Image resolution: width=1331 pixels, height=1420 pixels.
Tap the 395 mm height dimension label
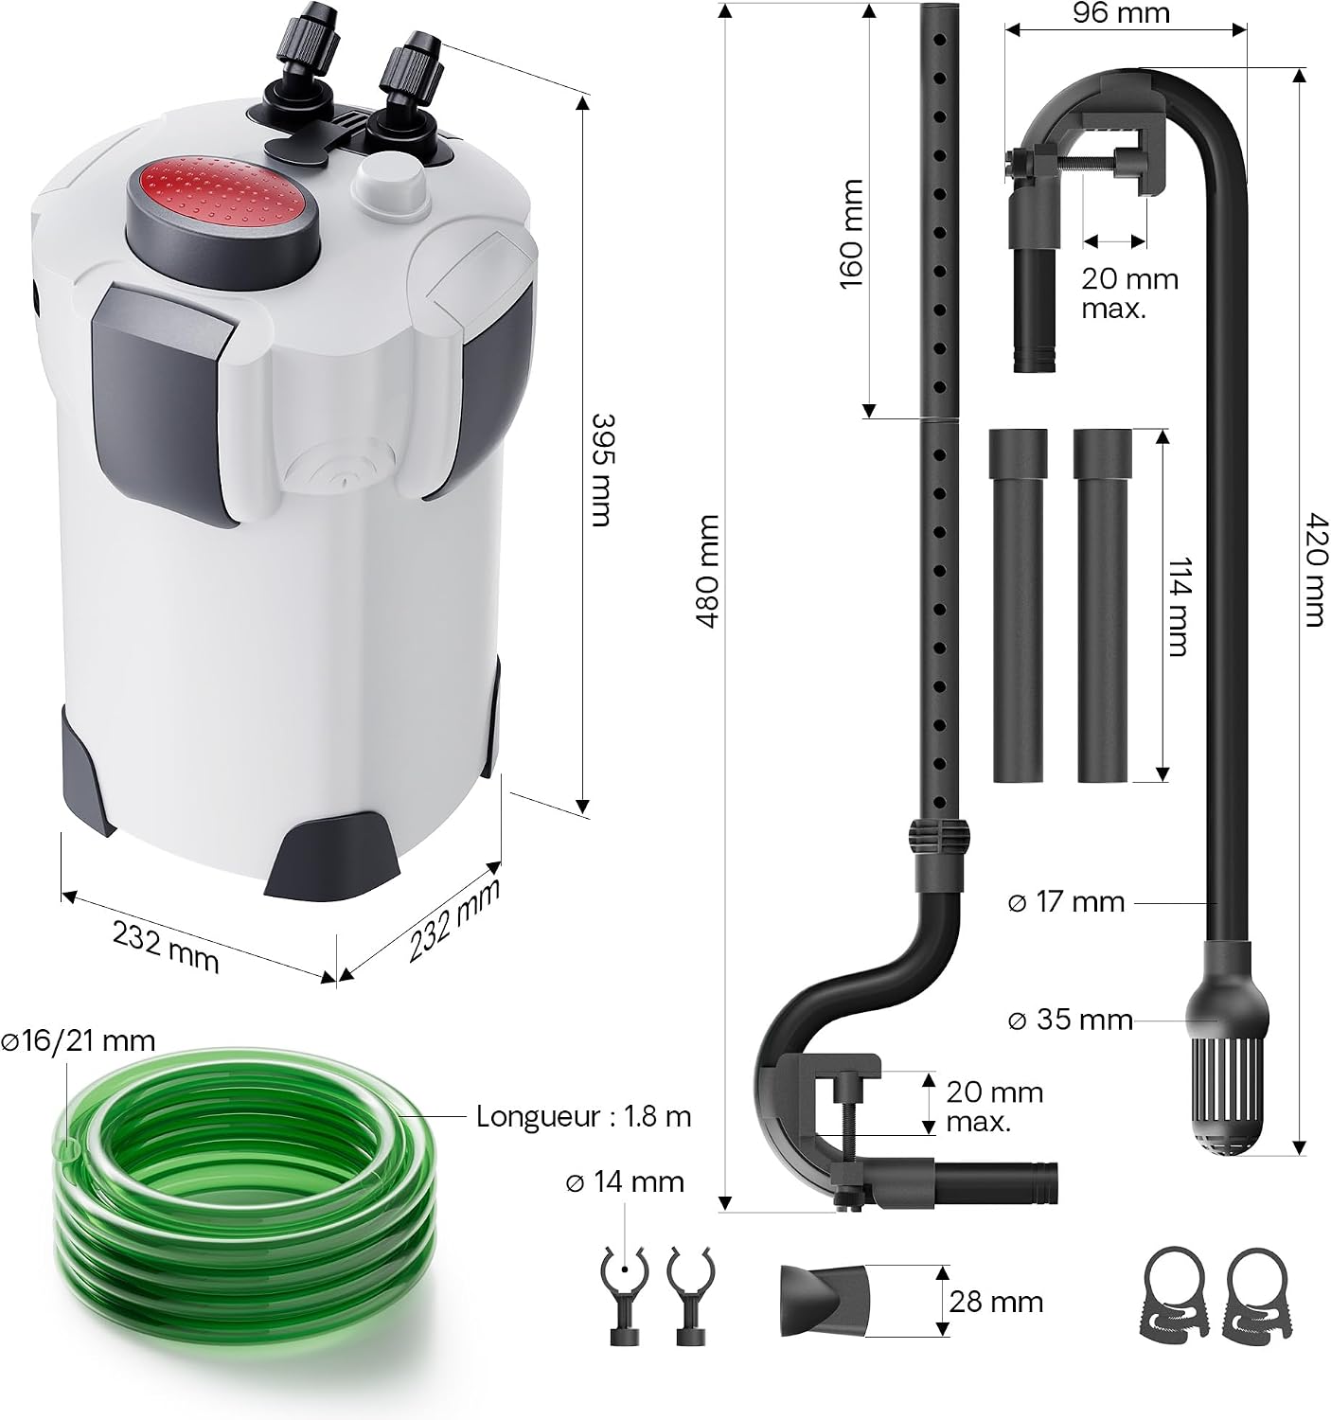pyautogui.click(x=601, y=470)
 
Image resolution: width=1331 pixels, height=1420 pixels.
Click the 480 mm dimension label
pyautogui.click(x=707, y=571)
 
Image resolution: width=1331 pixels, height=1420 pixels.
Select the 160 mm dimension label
pyautogui.click(x=851, y=234)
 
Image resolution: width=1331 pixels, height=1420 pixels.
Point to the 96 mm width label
pyautogui.click(x=1121, y=13)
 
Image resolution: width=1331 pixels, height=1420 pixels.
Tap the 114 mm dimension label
pyautogui.click(x=1178, y=606)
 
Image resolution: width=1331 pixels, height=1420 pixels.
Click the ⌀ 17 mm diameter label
pyautogui.click(x=1066, y=902)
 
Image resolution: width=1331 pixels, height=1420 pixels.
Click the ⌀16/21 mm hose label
pyautogui.click(x=78, y=1041)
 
